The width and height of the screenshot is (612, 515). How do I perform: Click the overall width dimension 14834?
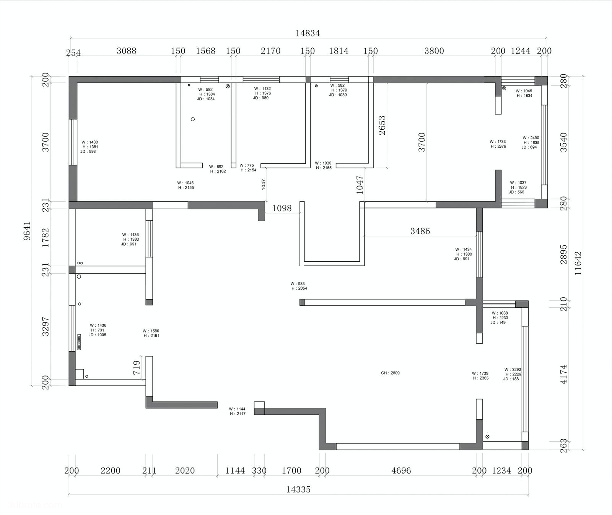click(x=308, y=33)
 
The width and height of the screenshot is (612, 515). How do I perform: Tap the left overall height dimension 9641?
click(x=27, y=231)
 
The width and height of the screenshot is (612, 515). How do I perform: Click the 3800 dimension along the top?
click(x=434, y=51)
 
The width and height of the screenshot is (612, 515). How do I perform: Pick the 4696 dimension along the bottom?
click(x=401, y=471)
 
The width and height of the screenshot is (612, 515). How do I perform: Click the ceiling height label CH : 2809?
click(x=390, y=373)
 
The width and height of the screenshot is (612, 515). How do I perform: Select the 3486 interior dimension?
click(x=420, y=231)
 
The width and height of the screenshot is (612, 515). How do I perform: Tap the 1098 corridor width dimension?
click(x=282, y=208)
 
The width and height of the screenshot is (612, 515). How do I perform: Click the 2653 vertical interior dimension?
click(x=382, y=125)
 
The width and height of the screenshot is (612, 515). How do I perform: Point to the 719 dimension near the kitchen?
click(x=137, y=368)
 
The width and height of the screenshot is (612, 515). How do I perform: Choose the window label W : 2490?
click(x=531, y=138)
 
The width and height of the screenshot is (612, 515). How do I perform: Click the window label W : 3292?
click(x=513, y=370)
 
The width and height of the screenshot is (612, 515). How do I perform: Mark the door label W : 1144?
click(x=237, y=409)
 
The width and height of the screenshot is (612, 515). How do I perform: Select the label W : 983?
click(x=298, y=284)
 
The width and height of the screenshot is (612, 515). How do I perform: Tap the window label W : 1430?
click(x=90, y=142)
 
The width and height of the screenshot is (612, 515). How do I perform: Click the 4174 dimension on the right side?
click(x=563, y=374)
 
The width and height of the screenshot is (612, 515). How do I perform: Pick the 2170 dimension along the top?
click(x=270, y=51)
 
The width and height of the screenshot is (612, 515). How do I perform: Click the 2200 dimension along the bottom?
click(x=110, y=471)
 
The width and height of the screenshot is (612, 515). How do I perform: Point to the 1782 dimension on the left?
click(x=46, y=238)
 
